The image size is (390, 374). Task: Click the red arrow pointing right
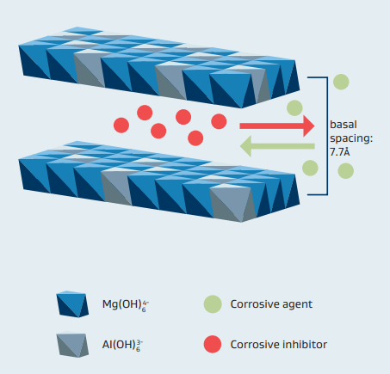[x=277, y=126]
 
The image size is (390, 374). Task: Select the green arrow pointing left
[x=277, y=146]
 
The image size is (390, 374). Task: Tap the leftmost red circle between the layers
[x=121, y=126]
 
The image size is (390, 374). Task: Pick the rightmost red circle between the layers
[x=219, y=121]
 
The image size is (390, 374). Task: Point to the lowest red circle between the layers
[x=195, y=138]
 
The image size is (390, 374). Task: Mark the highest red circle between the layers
[x=145, y=113]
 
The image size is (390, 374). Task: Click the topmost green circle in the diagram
[x=341, y=82]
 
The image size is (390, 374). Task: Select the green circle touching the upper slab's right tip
[x=294, y=108]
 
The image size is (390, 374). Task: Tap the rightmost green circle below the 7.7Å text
[x=346, y=171]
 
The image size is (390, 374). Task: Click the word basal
[x=344, y=125]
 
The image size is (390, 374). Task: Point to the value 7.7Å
[x=340, y=152]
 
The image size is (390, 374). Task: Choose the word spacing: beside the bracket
[x=351, y=138]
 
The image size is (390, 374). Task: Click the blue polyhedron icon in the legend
[x=72, y=304]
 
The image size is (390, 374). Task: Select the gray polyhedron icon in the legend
[x=72, y=345]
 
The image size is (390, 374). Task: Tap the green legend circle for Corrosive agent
[x=213, y=304]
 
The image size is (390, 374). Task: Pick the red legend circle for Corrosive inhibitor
[x=213, y=344]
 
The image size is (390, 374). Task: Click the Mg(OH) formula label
[x=126, y=305]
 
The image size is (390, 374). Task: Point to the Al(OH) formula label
[x=123, y=345]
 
